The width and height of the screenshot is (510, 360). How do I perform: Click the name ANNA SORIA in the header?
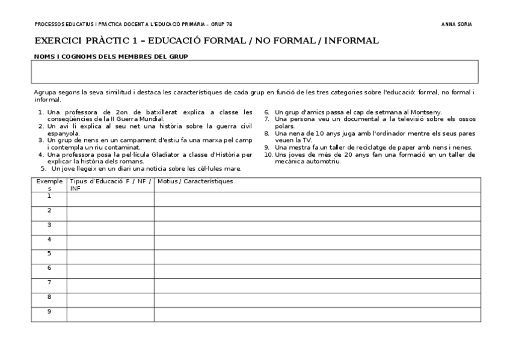[456, 25]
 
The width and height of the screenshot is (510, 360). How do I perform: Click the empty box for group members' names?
[254, 72]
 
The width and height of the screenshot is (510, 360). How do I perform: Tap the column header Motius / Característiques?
[195, 182]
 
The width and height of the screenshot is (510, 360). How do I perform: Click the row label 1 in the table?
[49, 196]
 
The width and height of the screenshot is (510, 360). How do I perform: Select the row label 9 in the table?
[49, 311]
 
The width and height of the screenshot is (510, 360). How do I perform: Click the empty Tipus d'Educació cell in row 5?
[110, 257]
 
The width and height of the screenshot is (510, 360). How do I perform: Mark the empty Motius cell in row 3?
[317, 228]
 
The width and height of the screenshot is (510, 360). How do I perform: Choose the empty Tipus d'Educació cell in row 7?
[110, 285]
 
